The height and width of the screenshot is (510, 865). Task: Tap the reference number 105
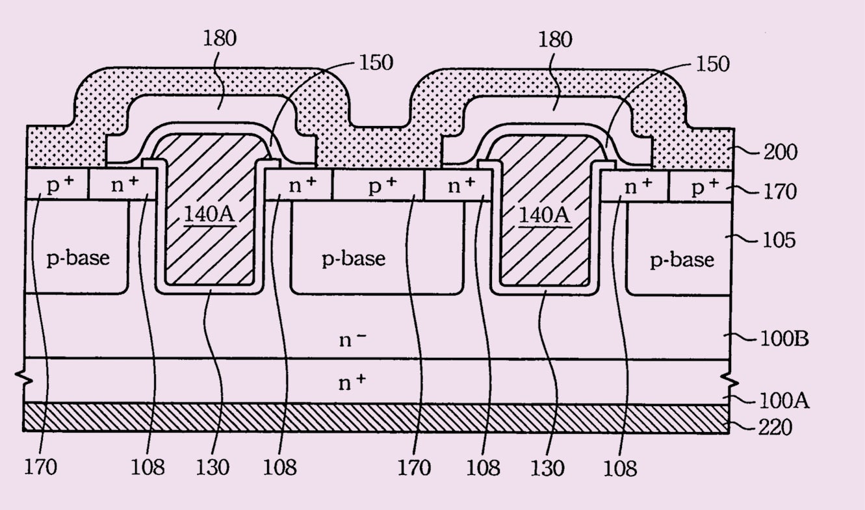pos(778,240)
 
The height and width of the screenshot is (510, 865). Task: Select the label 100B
pos(784,338)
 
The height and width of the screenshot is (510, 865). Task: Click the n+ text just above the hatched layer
pos(352,383)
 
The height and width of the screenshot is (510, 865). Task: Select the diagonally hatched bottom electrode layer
pos(376,418)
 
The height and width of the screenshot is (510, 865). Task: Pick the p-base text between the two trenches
pos(354,259)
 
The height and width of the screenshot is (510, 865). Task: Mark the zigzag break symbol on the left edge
pos(25,376)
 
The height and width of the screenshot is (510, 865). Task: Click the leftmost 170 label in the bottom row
pos(41,466)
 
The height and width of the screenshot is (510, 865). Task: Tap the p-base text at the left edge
pos(78,258)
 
